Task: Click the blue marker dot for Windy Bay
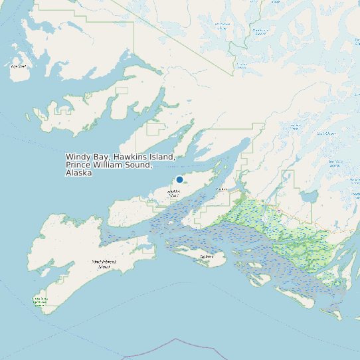(179, 179)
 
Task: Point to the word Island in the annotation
(161, 157)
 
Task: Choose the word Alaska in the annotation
(78, 173)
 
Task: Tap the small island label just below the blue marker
(174, 194)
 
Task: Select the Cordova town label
(223, 189)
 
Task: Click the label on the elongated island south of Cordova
(206, 254)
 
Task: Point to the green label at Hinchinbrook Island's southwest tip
(40, 302)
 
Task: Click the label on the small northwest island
(19, 66)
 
